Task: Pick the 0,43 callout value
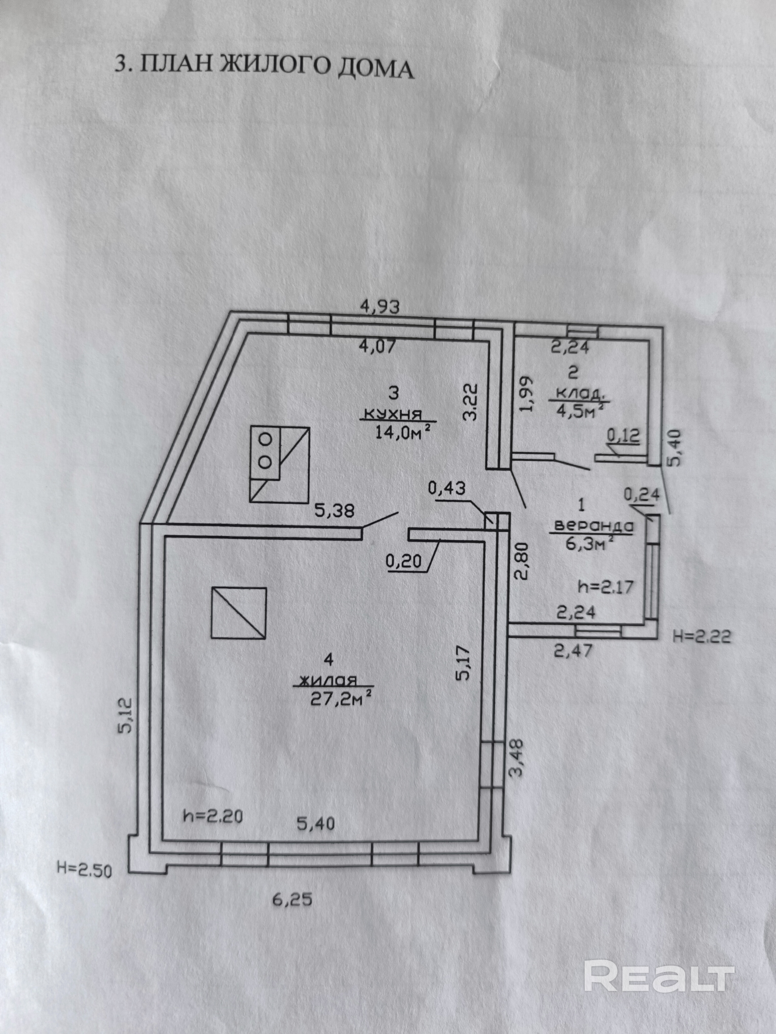click(x=447, y=488)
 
